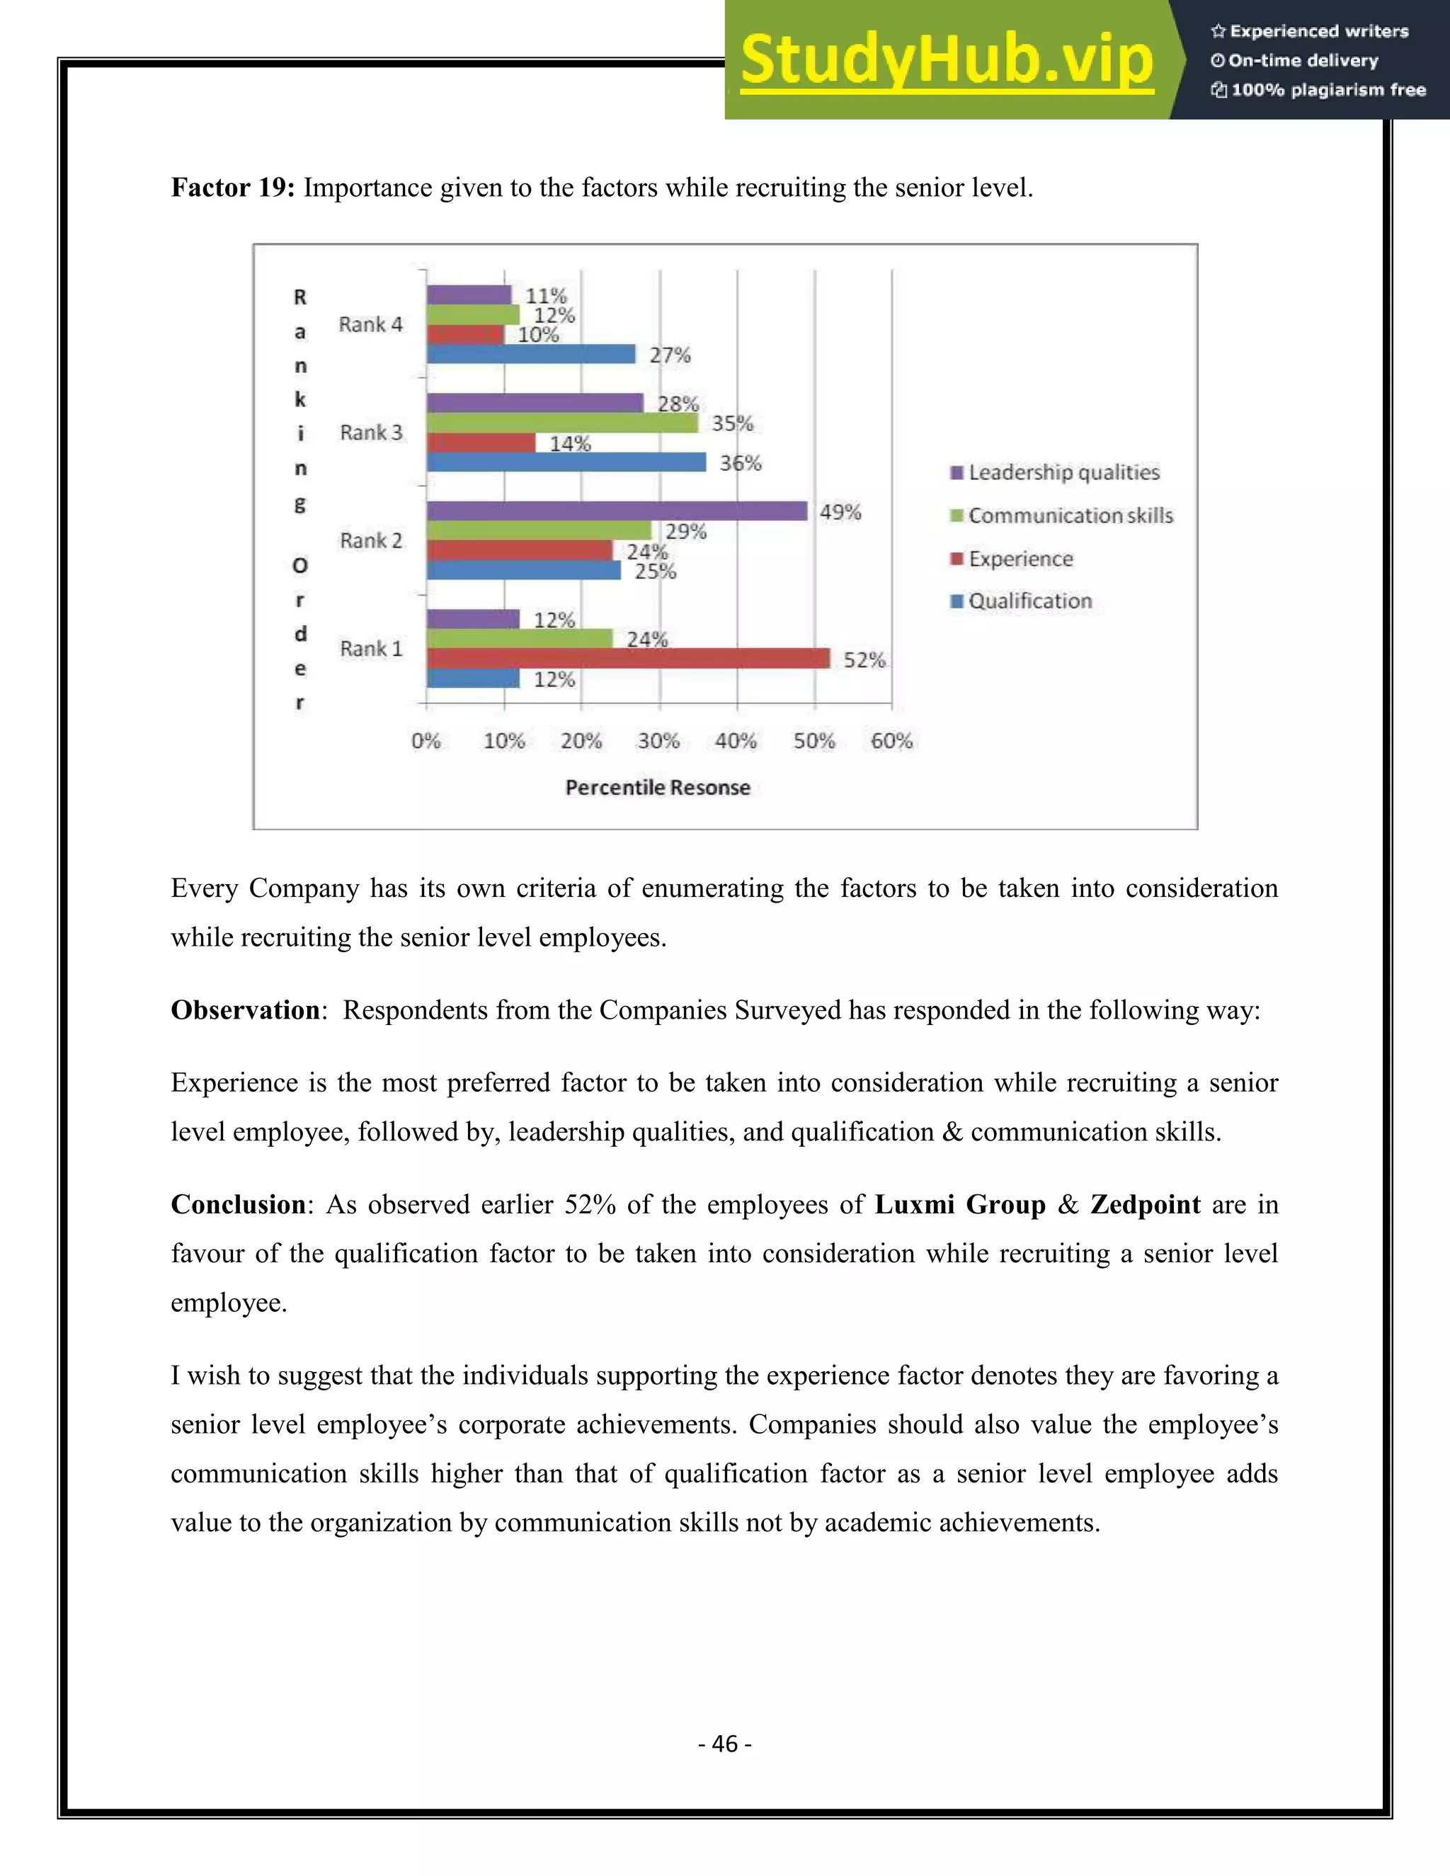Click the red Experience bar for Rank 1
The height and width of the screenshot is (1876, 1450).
pyautogui.click(x=627, y=658)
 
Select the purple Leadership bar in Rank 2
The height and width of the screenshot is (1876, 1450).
pyautogui.click(x=617, y=511)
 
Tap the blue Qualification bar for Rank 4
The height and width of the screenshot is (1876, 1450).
pyautogui.click(x=531, y=354)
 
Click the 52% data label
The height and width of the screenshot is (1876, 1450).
pyautogui.click(x=863, y=660)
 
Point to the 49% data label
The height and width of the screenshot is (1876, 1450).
pyautogui.click(x=839, y=512)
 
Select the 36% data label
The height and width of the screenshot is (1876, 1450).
pyautogui.click(x=740, y=463)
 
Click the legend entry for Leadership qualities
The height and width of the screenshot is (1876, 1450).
pyautogui.click(x=1063, y=472)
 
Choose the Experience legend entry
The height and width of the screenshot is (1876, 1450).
pyautogui.click(x=1020, y=559)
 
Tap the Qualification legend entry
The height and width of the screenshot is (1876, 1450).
pyautogui.click(x=1030, y=601)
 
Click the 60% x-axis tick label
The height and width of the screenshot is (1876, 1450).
pyautogui.click(x=891, y=740)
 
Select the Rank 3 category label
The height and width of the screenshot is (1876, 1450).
pyautogui.click(x=371, y=432)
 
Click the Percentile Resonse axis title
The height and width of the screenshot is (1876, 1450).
pyautogui.click(x=657, y=788)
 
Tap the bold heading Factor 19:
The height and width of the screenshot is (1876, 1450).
pyautogui.click(x=233, y=188)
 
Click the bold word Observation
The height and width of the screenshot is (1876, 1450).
pyautogui.click(x=246, y=1010)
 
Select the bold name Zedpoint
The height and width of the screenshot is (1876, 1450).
pyautogui.click(x=1145, y=1204)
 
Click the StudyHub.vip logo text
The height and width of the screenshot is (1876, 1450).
pyautogui.click(x=947, y=60)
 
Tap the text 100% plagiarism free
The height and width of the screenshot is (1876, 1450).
pyautogui.click(x=1328, y=90)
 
